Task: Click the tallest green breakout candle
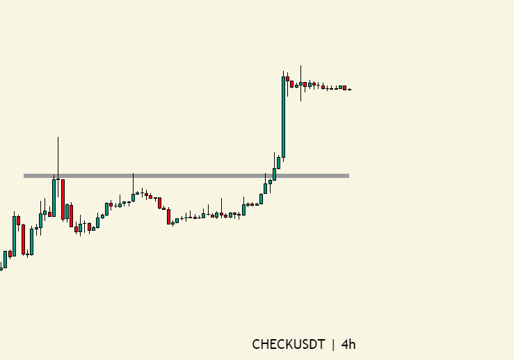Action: pos(283,116)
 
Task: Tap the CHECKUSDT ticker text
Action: pos(288,344)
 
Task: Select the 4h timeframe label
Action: pos(348,344)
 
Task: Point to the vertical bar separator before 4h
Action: pos(333,344)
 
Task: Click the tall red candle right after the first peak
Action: pos(63,199)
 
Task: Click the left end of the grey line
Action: pos(25,176)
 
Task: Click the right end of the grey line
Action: pos(348,176)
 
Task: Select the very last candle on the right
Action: pos(349,89)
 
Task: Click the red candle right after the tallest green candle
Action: pos(287,79)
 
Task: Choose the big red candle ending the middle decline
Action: pos(168,216)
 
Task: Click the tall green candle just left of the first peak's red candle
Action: pos(54,197)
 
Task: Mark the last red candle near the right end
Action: pos(344,88)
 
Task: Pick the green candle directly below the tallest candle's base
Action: pos(278,163)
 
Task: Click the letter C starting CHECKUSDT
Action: pos(256,344)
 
